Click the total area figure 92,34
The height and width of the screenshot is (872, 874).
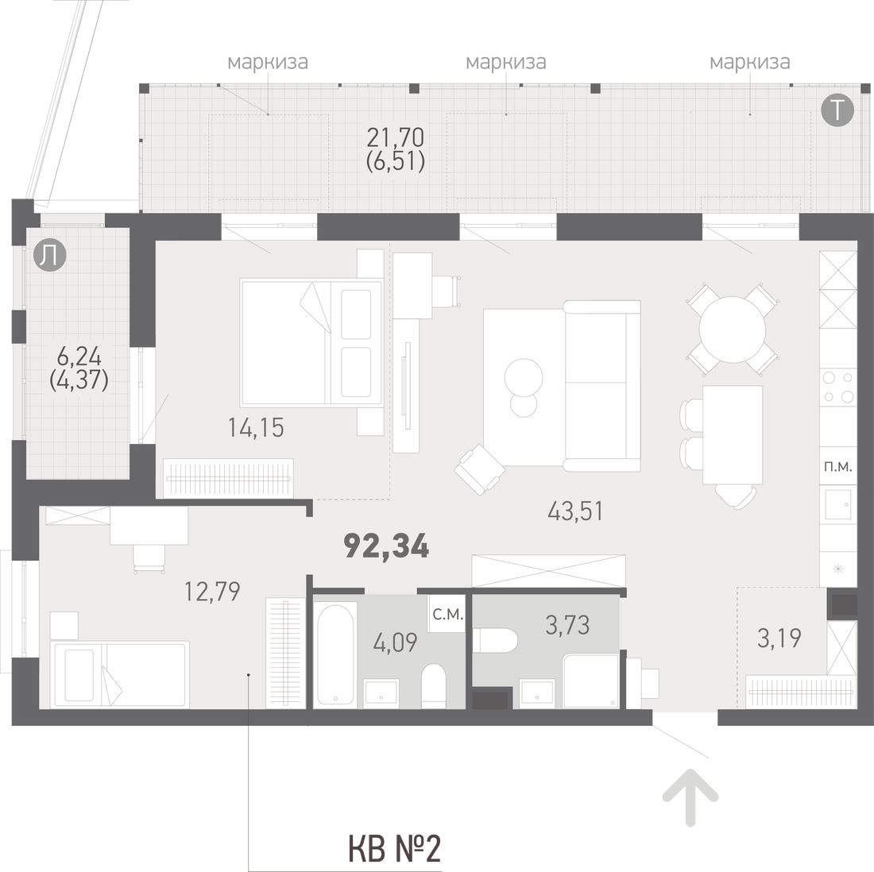click(x=387, y=546)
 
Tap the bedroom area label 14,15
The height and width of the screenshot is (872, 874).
click(x=256, y=428)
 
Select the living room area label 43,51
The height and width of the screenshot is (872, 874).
click(x=575, y=511)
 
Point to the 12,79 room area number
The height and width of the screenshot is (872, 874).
click(x=212, y=591)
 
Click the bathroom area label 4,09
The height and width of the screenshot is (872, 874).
click(x=395, y=642)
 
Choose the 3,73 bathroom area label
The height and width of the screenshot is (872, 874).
click(x=567, y=625)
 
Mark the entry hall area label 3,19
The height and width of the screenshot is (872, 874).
click(x=779, y=638)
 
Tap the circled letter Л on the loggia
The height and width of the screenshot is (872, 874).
click(x=49, y=257)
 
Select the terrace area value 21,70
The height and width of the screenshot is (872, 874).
click(x=395, y=137)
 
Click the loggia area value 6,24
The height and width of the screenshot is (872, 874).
click(x=79, y=356)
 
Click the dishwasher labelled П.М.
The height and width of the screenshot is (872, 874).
click(x=837, y=467)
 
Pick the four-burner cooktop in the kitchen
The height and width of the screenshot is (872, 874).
click(x=837, y=386)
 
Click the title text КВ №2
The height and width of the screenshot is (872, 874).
click(x=394, y=849)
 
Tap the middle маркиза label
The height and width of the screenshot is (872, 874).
click(x=505, y=61)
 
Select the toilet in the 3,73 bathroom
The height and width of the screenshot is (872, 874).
click(x=496, y=641)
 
